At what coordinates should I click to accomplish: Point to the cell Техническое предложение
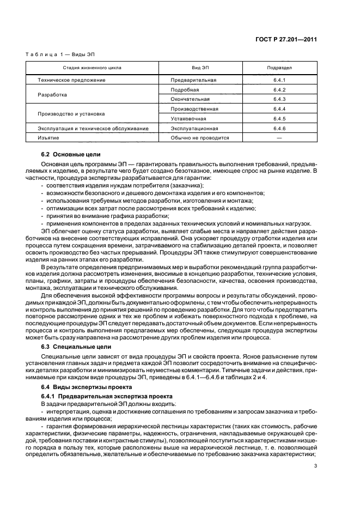[71, 80]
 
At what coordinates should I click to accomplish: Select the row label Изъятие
[48, 138]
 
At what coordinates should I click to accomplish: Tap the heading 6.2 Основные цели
[71, 155]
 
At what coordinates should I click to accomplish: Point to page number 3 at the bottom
[315, 465]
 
